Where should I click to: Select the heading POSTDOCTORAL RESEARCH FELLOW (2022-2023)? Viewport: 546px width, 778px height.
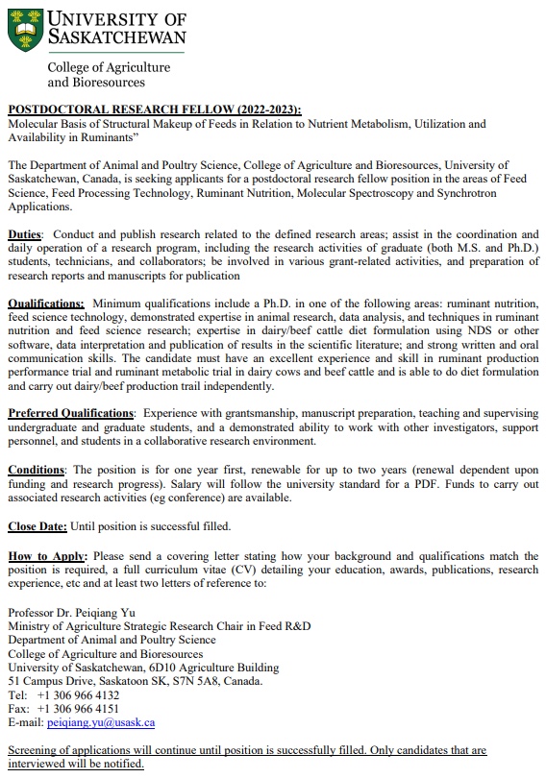[x=154, y=109]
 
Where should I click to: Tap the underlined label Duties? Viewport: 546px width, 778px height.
[x=25, y=234]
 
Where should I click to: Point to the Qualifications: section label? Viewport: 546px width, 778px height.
[x=46, y=304]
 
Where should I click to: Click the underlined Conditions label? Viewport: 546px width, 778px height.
[x=37, y=470]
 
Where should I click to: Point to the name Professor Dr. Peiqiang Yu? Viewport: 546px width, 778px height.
[x=70, y=613]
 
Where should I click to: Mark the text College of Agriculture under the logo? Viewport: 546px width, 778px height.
[x=109, y=68]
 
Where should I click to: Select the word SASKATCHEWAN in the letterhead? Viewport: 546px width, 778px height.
[x=116, y=39]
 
